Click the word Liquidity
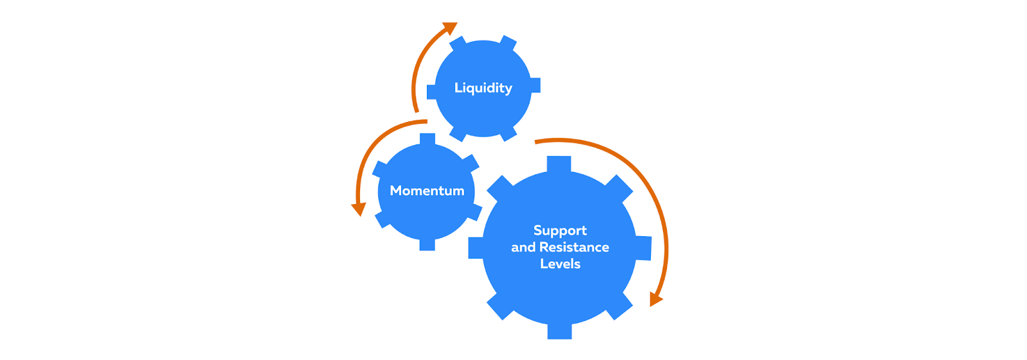483,88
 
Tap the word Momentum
427,191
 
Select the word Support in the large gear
560,230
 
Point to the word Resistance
574,247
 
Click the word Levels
560,264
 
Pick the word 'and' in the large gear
523,247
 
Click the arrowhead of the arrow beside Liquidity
451,28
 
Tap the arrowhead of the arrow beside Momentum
358,209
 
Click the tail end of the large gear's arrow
537,140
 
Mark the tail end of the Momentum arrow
425,121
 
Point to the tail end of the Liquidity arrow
416,111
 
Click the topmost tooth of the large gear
559,164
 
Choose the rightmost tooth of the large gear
643,248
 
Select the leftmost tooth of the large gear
476,248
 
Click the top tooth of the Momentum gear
427,139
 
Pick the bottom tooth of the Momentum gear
427,244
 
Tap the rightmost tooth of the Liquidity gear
535,85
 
